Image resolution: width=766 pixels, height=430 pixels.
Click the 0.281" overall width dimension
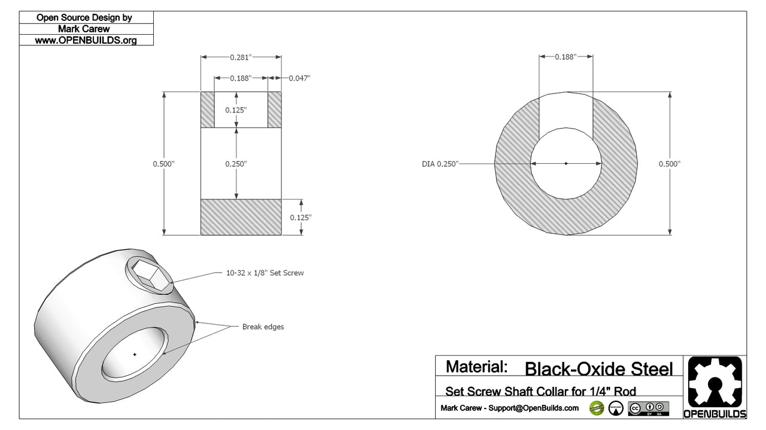coord(241,57)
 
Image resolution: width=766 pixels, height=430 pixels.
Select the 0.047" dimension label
coord(299,78)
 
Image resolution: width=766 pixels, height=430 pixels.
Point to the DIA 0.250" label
coord(439,164)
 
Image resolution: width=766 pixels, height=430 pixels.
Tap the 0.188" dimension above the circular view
coord(565,57)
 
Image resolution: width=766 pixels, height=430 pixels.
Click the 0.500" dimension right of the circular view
coord(669,164)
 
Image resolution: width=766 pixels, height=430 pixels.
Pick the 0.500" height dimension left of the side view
coord(163,164)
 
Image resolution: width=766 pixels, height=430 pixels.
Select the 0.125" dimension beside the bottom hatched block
coord(300,218)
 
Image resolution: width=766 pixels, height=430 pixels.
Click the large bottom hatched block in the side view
coord(241,217)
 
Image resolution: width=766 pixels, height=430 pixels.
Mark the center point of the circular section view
coord(566,163)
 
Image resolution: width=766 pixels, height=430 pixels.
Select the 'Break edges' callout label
coord(263,327)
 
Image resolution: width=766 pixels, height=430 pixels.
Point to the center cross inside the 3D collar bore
coord(135,354)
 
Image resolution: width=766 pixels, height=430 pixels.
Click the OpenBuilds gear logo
coord(715,383)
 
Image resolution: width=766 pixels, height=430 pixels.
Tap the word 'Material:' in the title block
coord(477,366)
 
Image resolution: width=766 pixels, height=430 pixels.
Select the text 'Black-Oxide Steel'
coord(598,368)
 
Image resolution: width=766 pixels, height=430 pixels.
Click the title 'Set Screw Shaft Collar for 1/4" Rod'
coord(540,391)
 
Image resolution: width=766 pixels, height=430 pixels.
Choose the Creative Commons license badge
coord(648,408)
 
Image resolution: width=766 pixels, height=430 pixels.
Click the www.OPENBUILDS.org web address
coord(86,40)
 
